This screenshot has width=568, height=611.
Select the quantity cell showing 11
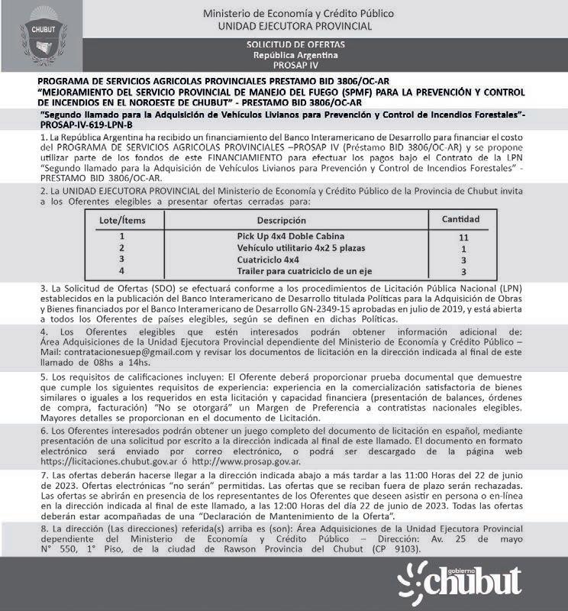point(463,238)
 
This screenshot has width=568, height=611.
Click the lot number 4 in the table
point(122,271)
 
